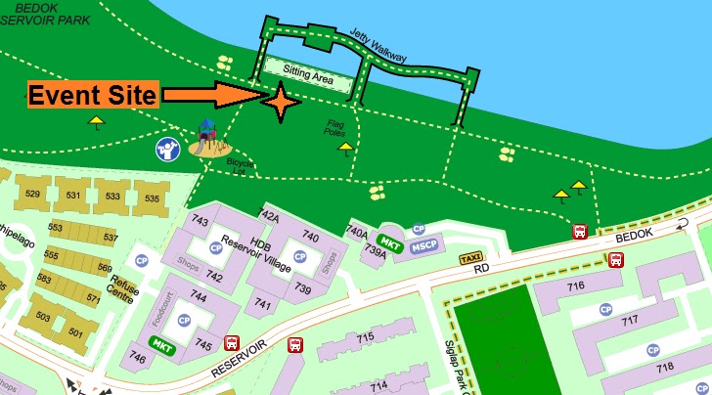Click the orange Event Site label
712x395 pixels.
click(x=92, y=96)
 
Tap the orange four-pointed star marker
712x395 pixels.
click(x=281, y=103)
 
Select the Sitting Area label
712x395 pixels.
click(x=309, y=71)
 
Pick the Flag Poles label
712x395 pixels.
click(x=336, y=128)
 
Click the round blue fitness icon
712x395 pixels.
click(x=167, y=149)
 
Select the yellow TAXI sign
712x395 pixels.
click(x=469, y=258)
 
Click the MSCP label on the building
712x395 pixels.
click(x=423, y=244)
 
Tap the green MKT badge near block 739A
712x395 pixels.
click(x=390, y=242)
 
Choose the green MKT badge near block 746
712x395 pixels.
click(x=161, y=344)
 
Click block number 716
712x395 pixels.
click(x=575, y=285)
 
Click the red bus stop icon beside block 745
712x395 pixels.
click(x=232, y=343)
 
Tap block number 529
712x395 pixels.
click(x=33, y=195)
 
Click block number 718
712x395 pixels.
click(x=665, y=368)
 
